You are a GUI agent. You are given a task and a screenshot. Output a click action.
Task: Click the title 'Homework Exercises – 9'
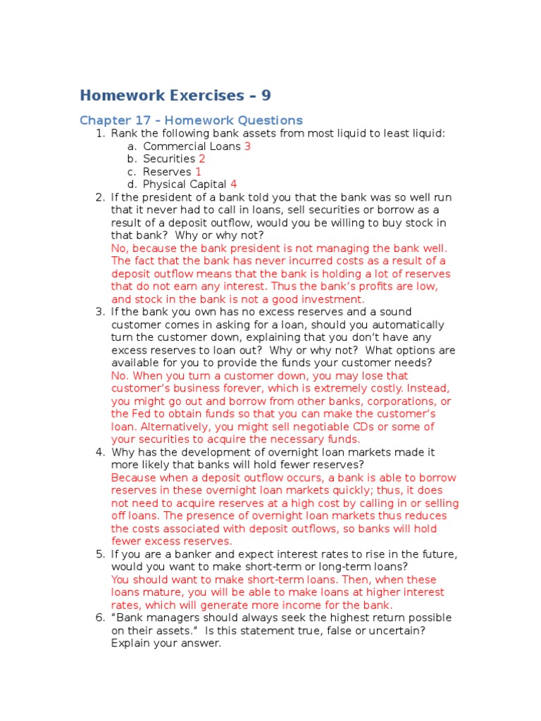pos(175,95)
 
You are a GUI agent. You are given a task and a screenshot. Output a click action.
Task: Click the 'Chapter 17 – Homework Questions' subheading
pos(191,120)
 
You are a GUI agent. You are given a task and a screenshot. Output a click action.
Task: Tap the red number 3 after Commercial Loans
pos(247,146)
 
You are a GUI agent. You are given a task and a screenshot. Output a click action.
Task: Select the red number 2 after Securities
pos(202,159)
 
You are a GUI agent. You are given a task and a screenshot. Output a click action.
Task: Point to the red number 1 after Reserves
pos(199,172)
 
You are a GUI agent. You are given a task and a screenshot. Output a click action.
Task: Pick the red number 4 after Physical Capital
pos(234,184)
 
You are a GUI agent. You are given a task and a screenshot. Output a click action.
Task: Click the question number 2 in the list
pos(99,197)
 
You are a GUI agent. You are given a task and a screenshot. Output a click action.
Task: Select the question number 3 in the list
pos(99,312)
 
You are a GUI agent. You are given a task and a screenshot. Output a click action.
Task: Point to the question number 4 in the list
pos(99,452)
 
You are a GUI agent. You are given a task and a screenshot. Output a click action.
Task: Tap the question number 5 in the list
pos(99,554)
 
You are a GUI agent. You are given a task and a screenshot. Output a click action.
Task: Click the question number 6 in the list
pos(99,617)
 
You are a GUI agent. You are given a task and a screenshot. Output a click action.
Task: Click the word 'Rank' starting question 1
pos(124,133)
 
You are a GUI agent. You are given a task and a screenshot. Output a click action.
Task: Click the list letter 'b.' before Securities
pos(132,159)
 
